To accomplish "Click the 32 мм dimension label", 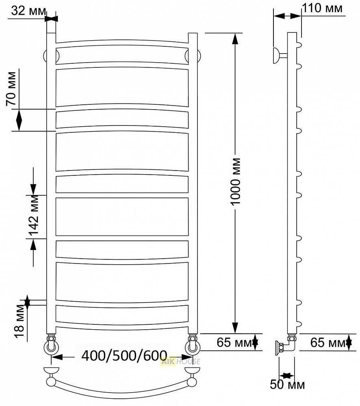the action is click(x=29, y=11).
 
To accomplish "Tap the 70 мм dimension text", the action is click(x=11, y=89).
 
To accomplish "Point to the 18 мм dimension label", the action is click(x=20, y=321).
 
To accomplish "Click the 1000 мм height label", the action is click(x=236, y=181).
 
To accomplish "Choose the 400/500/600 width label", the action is click(x=124, y=356).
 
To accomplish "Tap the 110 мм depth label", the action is click(x=323, y=8).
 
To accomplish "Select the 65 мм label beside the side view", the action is click(x=327, y=343).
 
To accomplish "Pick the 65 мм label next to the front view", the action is click(x=234, y=342).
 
